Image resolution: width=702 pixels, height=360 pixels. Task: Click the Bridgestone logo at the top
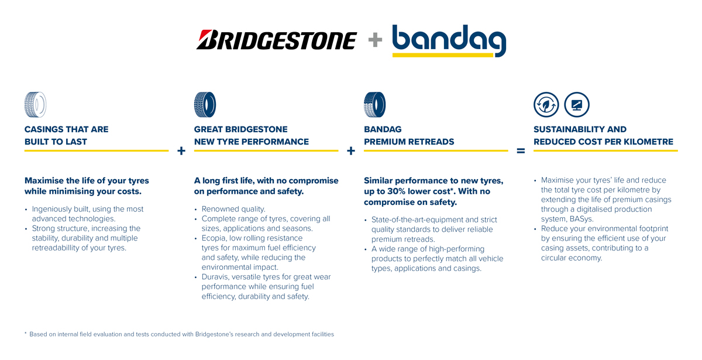point(276,40)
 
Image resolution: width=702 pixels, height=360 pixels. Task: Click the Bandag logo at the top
point(449,40)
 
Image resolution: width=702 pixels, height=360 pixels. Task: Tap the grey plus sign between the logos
point(375,40)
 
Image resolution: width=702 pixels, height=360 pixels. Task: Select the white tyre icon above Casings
point(35,105)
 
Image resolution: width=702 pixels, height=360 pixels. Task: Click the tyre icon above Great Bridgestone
point(205,105)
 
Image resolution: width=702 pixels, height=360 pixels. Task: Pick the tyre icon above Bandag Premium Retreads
point(374,105)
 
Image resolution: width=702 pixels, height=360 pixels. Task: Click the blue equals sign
point(521,151)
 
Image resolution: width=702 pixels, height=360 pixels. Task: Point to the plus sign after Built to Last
point(181,151)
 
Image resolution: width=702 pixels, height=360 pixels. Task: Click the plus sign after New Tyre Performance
point(351,151)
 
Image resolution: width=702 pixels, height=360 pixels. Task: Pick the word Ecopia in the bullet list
point(215,238)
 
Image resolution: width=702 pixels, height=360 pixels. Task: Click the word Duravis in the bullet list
point(216,277)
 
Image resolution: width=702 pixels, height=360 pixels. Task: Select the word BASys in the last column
point(580,219)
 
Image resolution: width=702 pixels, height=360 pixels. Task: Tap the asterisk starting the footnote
point(26,334)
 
